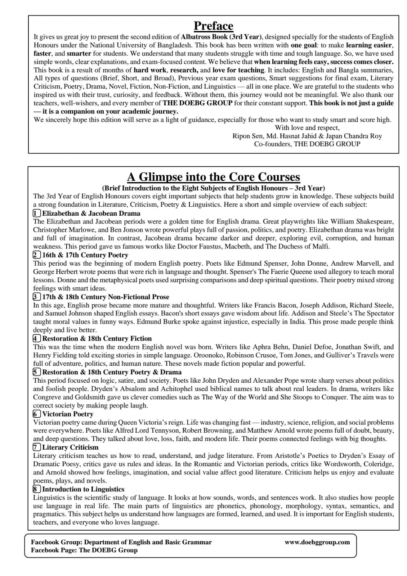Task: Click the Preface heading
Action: (213, 26)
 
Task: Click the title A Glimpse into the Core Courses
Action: (213, 177)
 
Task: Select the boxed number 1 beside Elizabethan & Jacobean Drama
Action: (37, 213)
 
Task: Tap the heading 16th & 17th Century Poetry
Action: (85, 255)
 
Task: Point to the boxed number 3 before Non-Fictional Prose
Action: (37, 297)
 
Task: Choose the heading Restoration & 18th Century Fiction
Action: (97, 338)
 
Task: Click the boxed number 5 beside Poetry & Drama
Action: (37, 372)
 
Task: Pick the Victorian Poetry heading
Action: (68, 414)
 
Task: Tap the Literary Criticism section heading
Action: (70, 447)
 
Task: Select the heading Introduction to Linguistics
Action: (83, 489)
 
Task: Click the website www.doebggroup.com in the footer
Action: (317, 542)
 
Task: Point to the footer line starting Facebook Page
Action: (84, 550)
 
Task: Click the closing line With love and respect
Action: (307, 128)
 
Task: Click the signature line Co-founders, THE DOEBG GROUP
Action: (307, 144)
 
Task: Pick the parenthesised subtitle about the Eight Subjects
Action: (213, 188)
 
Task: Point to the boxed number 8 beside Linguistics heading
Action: (37, 489)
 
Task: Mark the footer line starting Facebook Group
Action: (121, 542)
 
